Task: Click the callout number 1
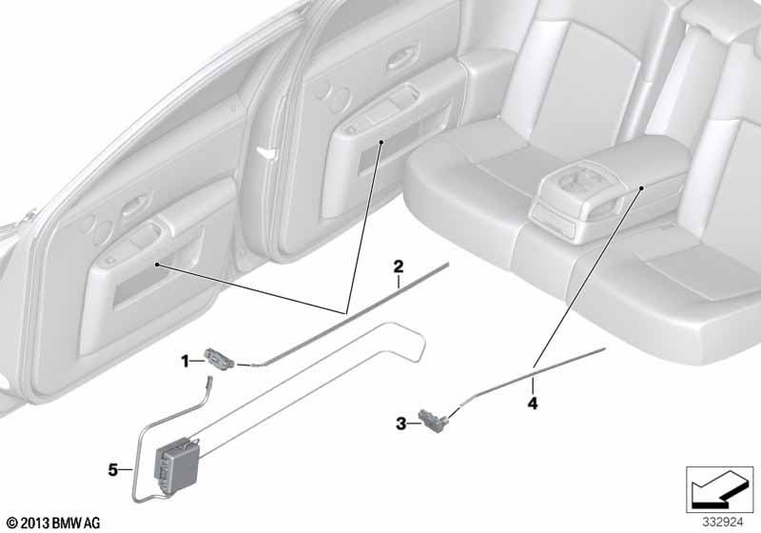(x=185, y=361)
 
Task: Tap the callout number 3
(x=400, y=424)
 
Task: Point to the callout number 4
(x=533, y=403)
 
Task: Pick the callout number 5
(x=113, y=470)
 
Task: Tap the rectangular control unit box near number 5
(x=177, y=464)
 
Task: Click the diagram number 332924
(x=723, y=523)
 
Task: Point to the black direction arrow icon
(x=719, y=489)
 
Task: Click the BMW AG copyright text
(x=54, y=523)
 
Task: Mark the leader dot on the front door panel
(x=157, y=265)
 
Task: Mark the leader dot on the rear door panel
(x=381, y=142)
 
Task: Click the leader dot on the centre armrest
(x=641, y=188)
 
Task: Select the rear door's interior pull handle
(x=402, y=57)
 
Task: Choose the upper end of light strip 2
(x=446, y=264)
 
